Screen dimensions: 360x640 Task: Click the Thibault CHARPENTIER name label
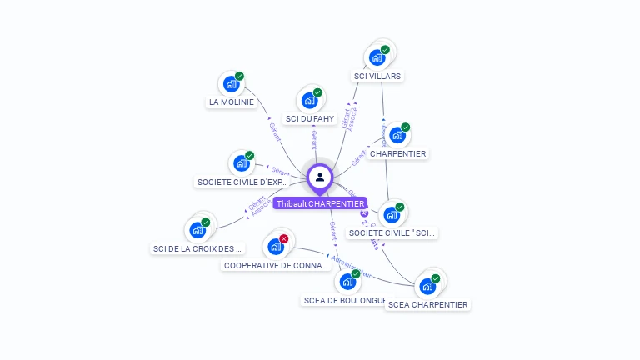[320, 203]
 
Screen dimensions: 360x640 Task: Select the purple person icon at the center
[320, 177]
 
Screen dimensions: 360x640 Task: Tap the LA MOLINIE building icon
[231, 84]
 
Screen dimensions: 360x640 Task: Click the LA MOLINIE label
[231, 102]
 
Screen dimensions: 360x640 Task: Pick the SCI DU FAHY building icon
[309, 101]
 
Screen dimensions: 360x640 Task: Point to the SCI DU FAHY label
[310, 119]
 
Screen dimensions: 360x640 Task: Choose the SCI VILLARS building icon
[377, 57]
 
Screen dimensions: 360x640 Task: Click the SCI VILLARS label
[377, 76]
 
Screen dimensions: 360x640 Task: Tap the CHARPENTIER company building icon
[397, 135]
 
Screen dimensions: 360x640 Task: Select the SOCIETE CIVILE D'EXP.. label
[242, 182]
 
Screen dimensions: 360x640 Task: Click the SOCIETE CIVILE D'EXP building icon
[241, 163]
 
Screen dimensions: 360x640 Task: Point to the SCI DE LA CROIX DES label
[198, 248]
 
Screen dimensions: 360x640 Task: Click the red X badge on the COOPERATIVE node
[284, 239]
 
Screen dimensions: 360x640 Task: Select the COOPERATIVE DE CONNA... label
[277, 266]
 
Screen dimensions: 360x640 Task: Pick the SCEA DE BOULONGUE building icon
[347, 282]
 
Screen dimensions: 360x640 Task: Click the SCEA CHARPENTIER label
[427, 305]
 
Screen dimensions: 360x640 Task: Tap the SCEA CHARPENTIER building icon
[427, 287]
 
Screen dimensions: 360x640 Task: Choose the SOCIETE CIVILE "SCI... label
[392, 233]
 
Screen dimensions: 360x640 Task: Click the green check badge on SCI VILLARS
[385, 50]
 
